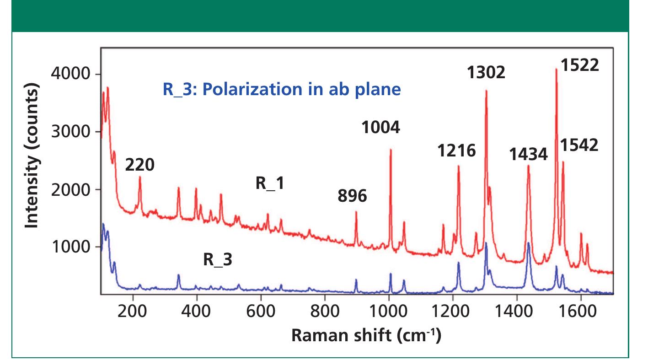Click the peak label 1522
[x=579, y=65]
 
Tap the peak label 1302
[x=486, y=72]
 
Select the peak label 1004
[x=381, y=128]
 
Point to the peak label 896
[x=353, y=196]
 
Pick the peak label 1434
[x=528, y=155]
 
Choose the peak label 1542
[x=579, y=145]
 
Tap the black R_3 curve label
[x=217, y=260]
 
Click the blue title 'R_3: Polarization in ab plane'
[x=282, y=90]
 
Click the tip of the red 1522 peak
[x=556, y=69]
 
